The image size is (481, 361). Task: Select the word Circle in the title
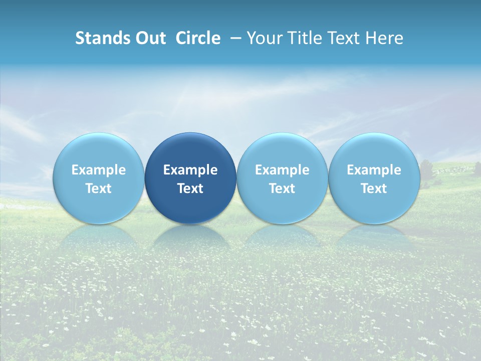[198, 38]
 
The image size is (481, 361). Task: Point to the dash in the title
[234, 38]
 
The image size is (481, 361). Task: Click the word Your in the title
[263, 38]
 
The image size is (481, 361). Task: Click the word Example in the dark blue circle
[190, 170]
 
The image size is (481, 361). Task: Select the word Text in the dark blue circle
[190, 189]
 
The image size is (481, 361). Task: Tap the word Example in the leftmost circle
[99, 170]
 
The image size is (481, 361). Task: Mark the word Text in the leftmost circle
[99, 189]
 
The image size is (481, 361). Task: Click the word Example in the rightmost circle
[374, 170]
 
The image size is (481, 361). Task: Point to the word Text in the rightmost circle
[374, 189]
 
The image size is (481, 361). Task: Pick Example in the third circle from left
[282, 170]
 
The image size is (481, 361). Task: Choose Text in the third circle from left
[282, 189]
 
